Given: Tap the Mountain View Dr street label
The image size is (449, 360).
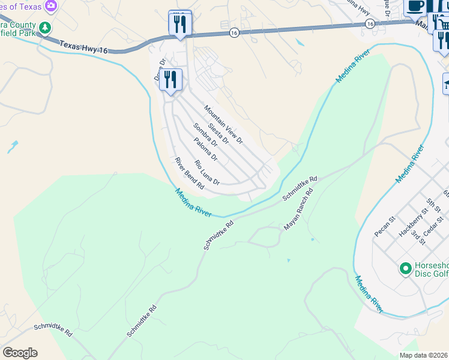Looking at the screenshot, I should coord(223,125).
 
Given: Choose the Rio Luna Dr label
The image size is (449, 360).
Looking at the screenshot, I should coord(207,172).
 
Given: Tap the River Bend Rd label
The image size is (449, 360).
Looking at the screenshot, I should coord(189,173).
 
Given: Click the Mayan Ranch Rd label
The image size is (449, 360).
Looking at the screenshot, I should coord(299,211).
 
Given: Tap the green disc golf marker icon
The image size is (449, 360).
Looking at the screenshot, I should coord(405,267).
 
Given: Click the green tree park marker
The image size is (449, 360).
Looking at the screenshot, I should coord(44,28).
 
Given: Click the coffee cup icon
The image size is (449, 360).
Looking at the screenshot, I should coord(415,5).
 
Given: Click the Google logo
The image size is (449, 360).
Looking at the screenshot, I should coord(20,353).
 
